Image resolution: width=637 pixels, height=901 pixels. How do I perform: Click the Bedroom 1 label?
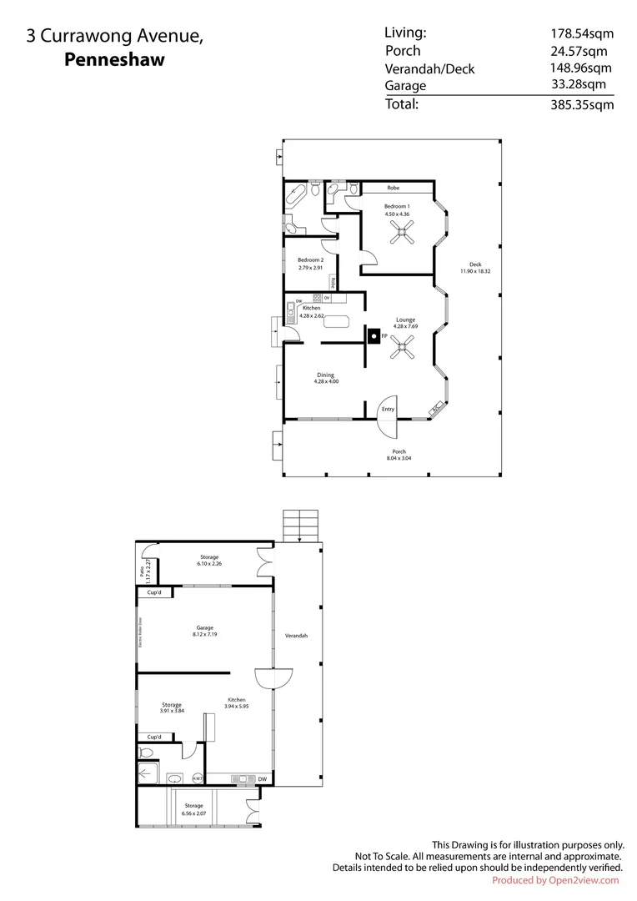pos(396,206)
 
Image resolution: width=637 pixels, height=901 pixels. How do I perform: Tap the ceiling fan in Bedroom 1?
pos(399,236)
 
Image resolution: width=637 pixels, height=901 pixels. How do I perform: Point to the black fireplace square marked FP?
pos(373,336)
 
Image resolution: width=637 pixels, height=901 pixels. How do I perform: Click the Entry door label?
pos(388,409)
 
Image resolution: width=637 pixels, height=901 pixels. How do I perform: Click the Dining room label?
pos(325,375)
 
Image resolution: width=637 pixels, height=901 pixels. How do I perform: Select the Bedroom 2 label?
pos(309,260)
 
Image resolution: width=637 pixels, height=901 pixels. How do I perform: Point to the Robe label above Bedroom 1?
pos(394,188)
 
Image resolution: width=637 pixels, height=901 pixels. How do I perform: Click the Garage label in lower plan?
pos(204,627)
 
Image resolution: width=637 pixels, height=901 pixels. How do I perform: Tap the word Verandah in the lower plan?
pos(296,636)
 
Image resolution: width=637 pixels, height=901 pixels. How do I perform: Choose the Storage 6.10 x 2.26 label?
pos(208,560)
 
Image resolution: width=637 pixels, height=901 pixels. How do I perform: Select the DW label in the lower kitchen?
pos(262,779)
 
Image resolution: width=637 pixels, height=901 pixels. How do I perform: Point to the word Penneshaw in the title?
pos(115,59)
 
